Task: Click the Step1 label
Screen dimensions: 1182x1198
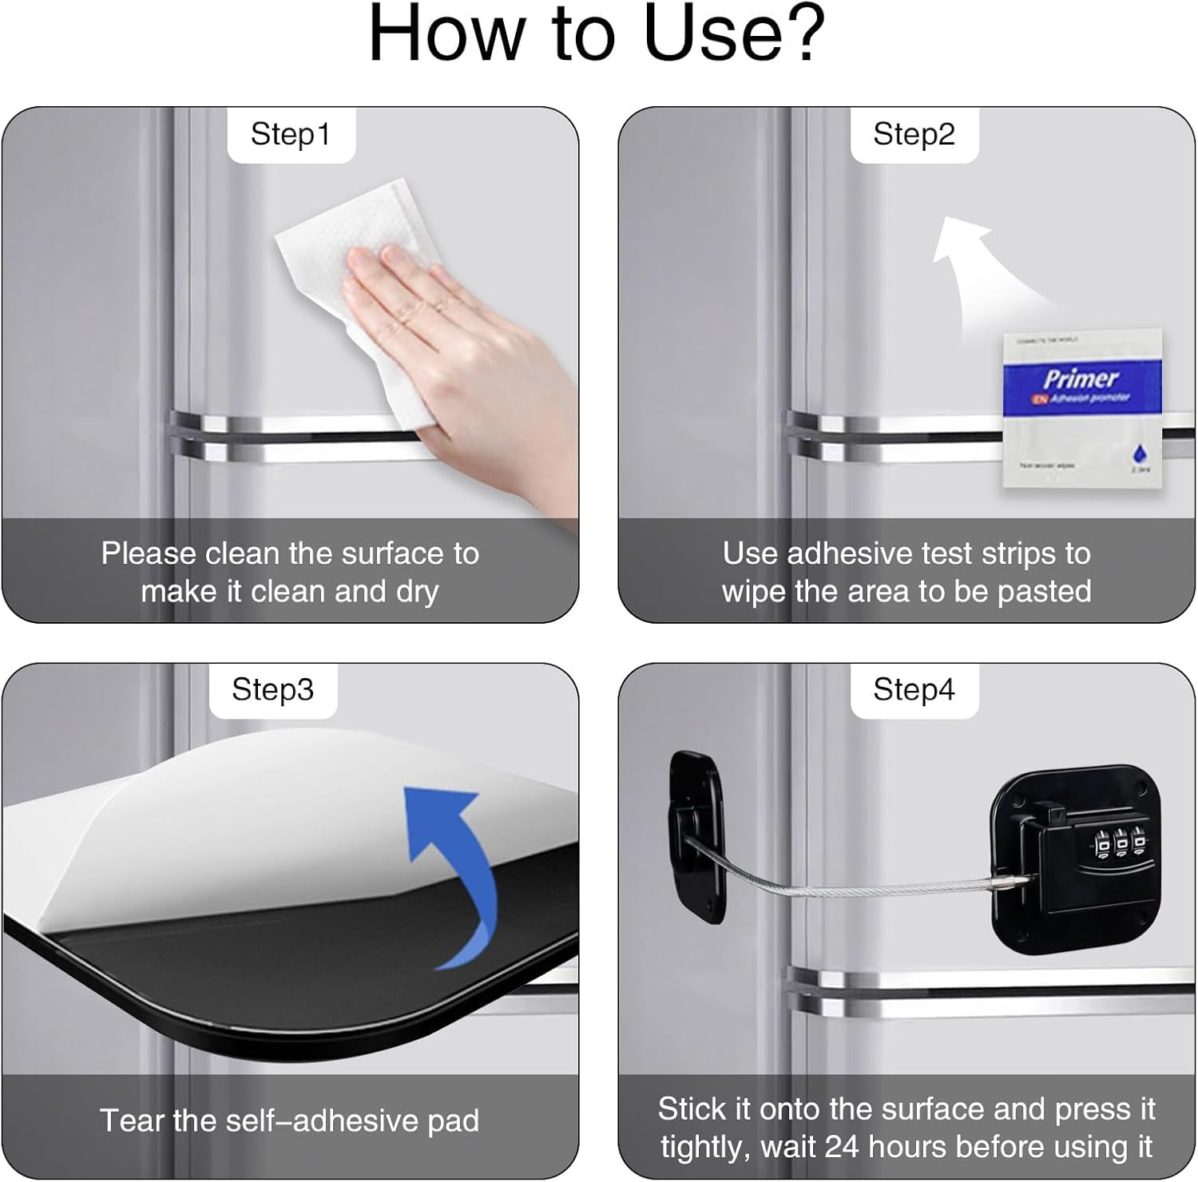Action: (x=290, y=134)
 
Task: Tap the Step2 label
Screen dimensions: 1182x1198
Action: (x=914, y=134)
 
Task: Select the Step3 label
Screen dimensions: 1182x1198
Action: (x=272, y=689)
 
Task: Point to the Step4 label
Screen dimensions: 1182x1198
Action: (x=914, y=689)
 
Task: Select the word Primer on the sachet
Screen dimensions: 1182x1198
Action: (x=1080, y=378)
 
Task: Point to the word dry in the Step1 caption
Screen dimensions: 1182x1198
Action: (x=417, y=592)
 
